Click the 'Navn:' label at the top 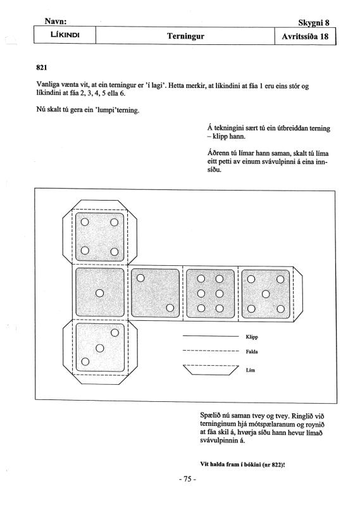(x=56, y=22)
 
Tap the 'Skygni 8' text (x=314, y=23)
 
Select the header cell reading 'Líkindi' (x=65, y=35)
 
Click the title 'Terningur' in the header (x=185, y=35)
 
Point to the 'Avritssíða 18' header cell (x=305, y=36)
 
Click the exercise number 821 (x=41, y=68)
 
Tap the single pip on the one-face (x=99, y=293)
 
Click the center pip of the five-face (x=266, y=294)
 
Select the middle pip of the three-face (x=99, y=348)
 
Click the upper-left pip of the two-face (x=140, y=278)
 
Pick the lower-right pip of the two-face (x=170, y=308)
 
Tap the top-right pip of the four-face (x=114, y=222)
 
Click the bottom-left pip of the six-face (x=201, y=308)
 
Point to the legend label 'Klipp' (x=252, y=337)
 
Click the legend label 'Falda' (x=252, y=351)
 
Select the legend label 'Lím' (x=251, y=370)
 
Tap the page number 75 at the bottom (x=188, y=479)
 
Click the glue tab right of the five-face (x=298, y=294)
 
